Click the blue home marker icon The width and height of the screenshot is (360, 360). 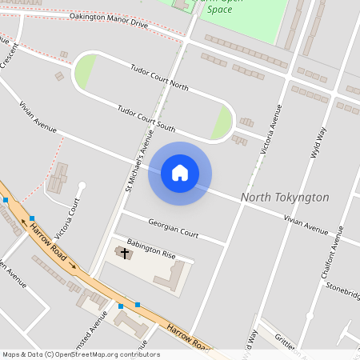[x=179, y=173]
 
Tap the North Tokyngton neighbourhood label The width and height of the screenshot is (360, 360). [x=285, y=197]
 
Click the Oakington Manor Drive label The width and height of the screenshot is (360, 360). [x=109, y=19]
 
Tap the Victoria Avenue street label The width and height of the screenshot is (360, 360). [x=272, y=128]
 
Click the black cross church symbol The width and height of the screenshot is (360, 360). [x=123, y=254]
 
